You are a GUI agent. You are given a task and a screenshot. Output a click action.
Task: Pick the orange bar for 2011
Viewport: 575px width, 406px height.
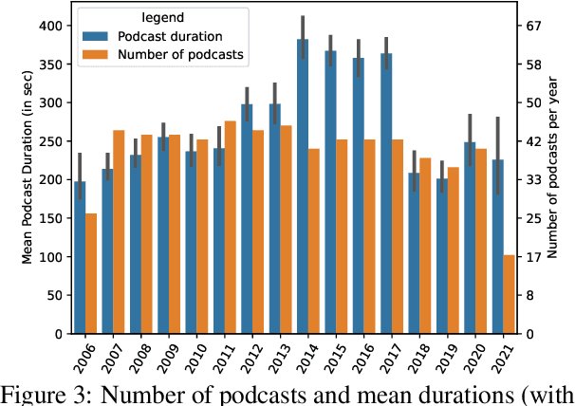pyautogui.click(x=231, y=228)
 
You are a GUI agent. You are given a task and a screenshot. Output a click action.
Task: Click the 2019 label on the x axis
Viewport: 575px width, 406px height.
pyautogui.click(x=442, y=360)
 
